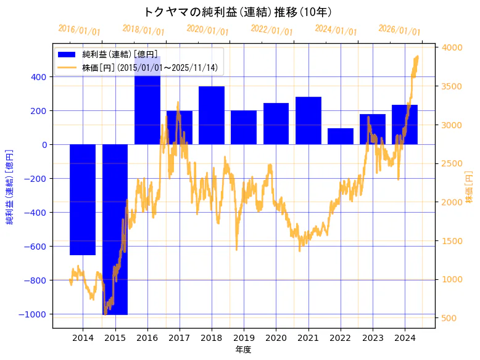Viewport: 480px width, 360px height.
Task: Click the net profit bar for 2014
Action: point(83,199)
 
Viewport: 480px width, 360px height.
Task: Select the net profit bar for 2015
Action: point(115,229)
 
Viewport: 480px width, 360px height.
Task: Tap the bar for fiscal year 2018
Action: point(212,115)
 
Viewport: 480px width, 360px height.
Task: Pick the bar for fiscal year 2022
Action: point(341,136)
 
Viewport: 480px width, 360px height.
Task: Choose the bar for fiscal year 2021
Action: point(308,121)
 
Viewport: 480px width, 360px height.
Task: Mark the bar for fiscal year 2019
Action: point(244,128)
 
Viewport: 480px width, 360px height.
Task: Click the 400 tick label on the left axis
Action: point(38,77)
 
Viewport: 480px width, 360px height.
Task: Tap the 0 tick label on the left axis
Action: point(44,145)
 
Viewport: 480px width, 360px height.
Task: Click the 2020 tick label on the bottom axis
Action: point(276,338)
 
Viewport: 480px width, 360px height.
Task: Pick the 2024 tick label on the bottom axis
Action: point(405,338)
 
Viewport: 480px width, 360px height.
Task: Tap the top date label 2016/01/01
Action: point(79,30)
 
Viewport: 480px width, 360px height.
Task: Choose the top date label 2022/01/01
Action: point(271,30)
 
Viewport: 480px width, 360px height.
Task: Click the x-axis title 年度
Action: point(244,350)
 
